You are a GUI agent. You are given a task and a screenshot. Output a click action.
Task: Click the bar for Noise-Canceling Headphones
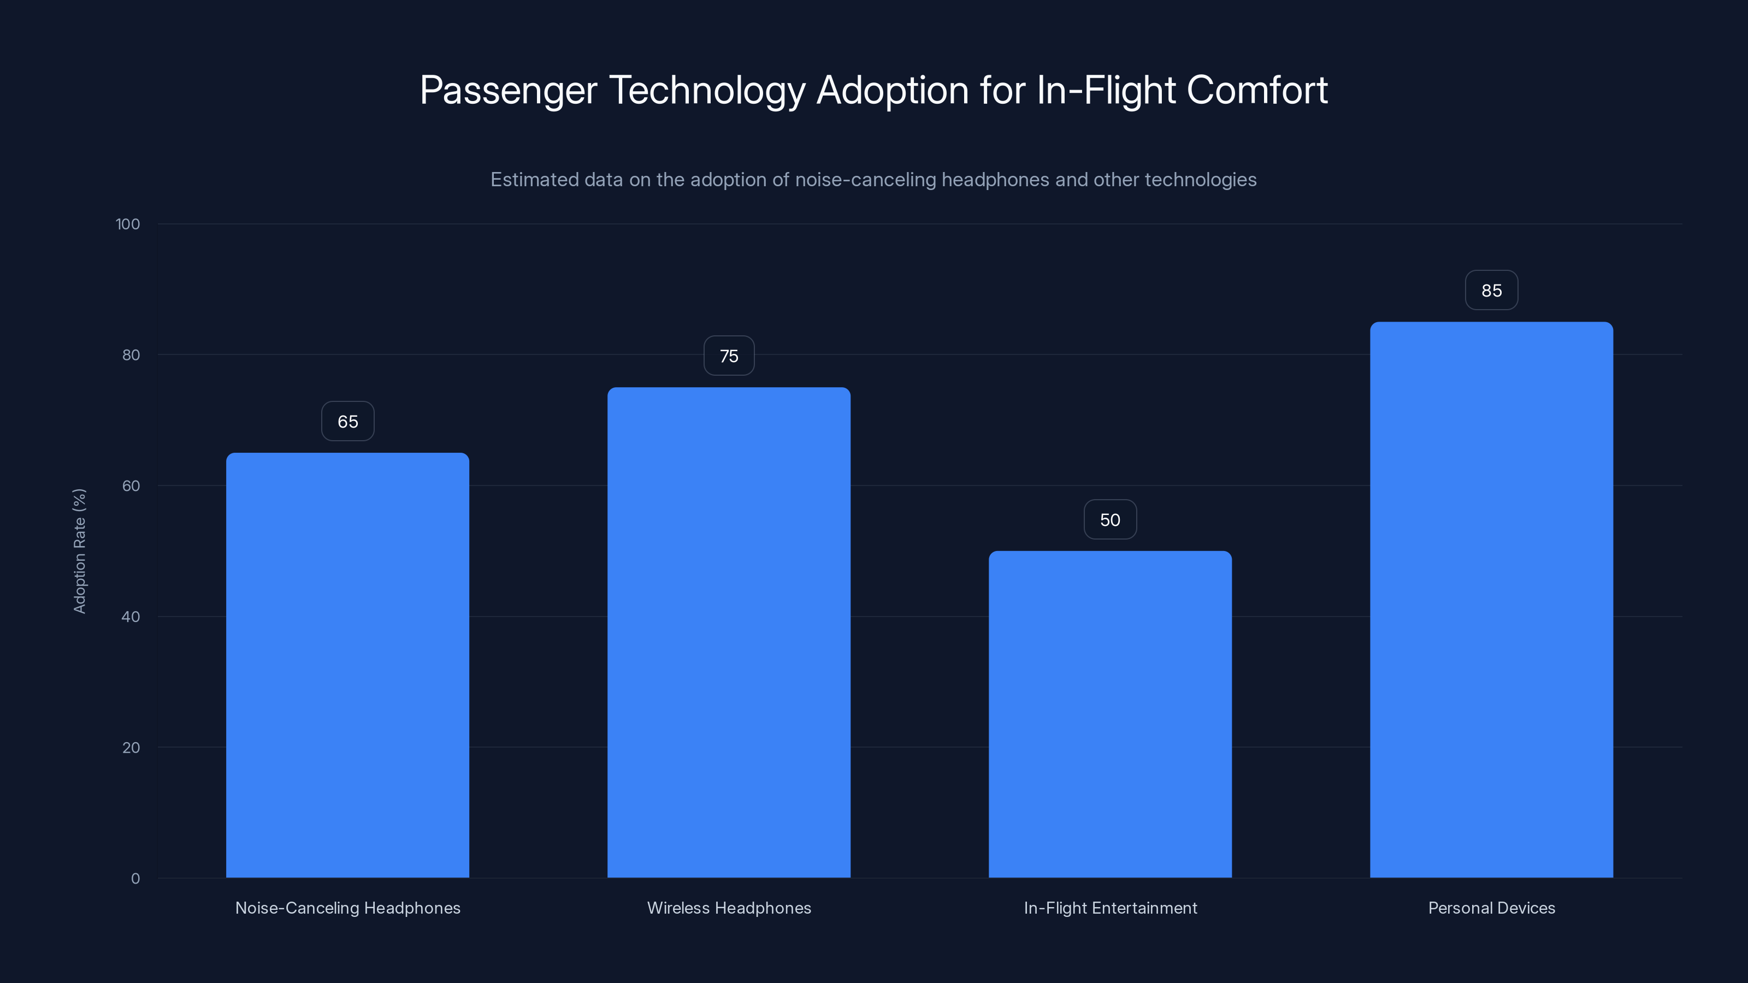coord(347,665)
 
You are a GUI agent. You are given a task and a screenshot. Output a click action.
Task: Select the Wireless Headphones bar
coord(729,632)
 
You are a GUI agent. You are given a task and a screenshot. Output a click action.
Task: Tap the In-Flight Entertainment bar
coord(1110,714)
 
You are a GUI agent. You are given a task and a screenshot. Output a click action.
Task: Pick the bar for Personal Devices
coord(1491,600)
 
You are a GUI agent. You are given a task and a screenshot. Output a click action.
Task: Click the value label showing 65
coord(347,421)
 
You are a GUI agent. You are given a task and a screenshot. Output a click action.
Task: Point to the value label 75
coord(729,356)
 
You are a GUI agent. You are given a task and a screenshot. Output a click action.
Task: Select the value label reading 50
coord(1110,520)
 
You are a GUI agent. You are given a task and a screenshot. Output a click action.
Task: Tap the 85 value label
coord(1491,291)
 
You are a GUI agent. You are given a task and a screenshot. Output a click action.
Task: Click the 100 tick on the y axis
coord(128,224)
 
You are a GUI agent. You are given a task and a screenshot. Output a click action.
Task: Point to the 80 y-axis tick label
coord(131,355)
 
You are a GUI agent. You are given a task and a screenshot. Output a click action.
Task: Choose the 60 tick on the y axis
coord(131,485)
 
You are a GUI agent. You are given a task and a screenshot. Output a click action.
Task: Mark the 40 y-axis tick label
coord(131,617)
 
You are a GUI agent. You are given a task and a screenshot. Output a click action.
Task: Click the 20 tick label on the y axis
coord(131,748)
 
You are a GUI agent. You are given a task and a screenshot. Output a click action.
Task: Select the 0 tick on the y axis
coord(135,879)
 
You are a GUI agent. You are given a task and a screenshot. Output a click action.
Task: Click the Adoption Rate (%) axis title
coord(79,551)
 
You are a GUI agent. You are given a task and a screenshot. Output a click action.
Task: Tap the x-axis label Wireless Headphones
coord(729,908)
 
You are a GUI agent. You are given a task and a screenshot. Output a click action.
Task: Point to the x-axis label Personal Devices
coord(1491,908)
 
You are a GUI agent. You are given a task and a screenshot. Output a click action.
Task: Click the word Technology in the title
coord(706,90)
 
